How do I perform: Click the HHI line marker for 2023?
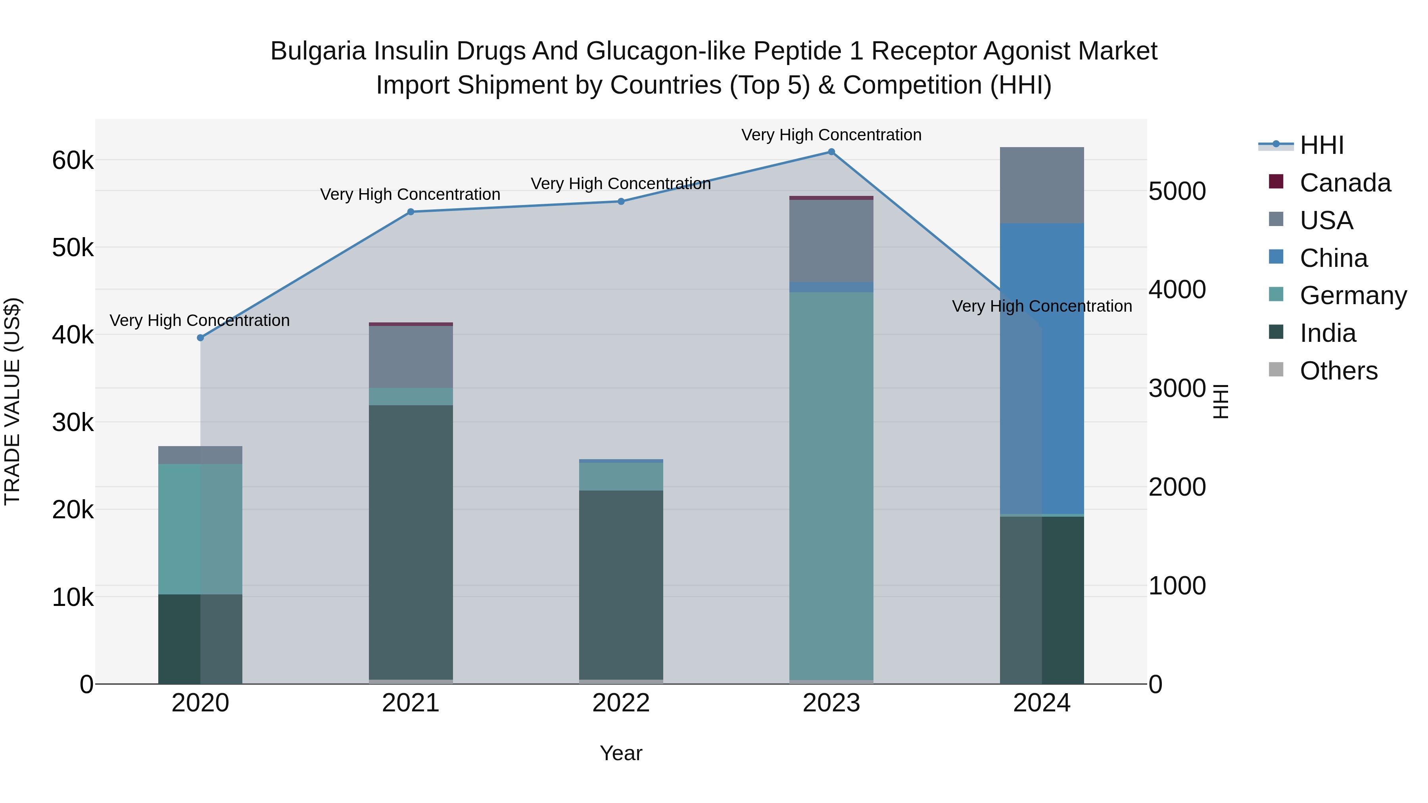coord(831,152)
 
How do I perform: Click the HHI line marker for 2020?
coord(201,338)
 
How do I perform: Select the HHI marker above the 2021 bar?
coord(411,212)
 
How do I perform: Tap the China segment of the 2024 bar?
coord(1042,368)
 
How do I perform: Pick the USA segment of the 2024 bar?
coord(1042,186)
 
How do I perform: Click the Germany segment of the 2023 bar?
coord(831,485)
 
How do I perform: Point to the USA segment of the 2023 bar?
coord(831,241)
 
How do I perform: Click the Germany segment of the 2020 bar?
coord(201,529)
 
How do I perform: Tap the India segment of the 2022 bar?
coord(621,585)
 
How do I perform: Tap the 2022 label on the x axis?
coord(621,703)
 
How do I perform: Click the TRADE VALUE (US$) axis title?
coord(12,401)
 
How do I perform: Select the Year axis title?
coord(621,753)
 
